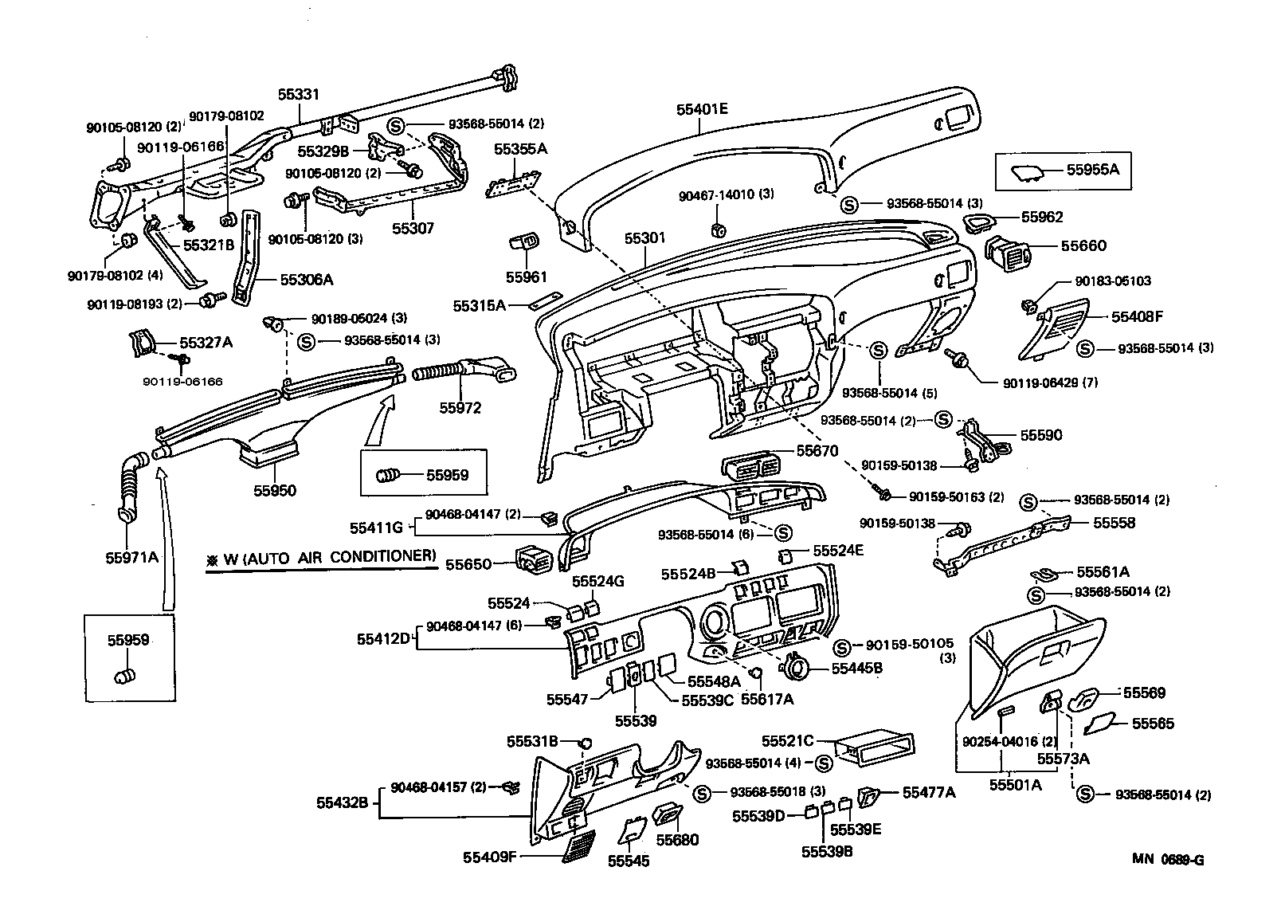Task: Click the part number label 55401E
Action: [702, 109]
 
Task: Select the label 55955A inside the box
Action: [1093, 170]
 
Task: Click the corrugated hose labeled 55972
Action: [440, 371]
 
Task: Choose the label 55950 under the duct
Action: [275, 490]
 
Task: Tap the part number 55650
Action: [468, 564]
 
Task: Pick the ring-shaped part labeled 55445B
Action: [797, 665]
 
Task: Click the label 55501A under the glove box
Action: [1016, 784]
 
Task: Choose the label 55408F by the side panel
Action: [1137, 316]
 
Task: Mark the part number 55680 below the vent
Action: [677, 840]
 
